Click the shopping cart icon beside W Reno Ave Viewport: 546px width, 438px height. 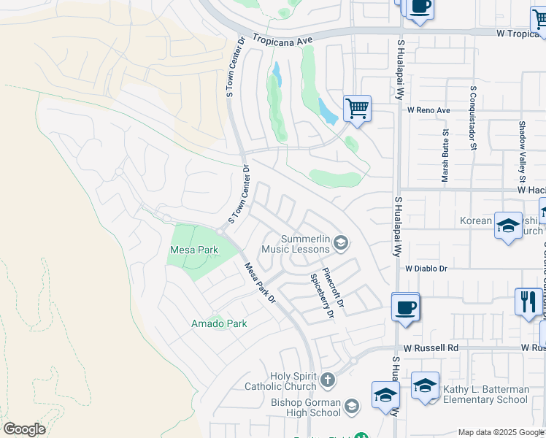click(357, 109)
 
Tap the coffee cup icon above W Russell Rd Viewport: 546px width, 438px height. click(405, 307)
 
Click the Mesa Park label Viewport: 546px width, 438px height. click(194, 250)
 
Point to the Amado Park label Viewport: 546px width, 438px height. click(219, 323)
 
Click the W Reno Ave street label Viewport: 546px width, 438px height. click(429, 110)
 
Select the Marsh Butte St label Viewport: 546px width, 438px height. click(445, 155)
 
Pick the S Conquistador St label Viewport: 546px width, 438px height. click(473, 118)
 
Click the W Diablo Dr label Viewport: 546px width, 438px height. click(437, 269)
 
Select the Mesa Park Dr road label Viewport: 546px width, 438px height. click(260, 283)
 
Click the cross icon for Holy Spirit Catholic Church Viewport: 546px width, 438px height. click(328, 380)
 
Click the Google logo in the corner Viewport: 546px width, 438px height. click(24, 429)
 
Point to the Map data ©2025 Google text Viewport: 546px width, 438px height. click(500, 432)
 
